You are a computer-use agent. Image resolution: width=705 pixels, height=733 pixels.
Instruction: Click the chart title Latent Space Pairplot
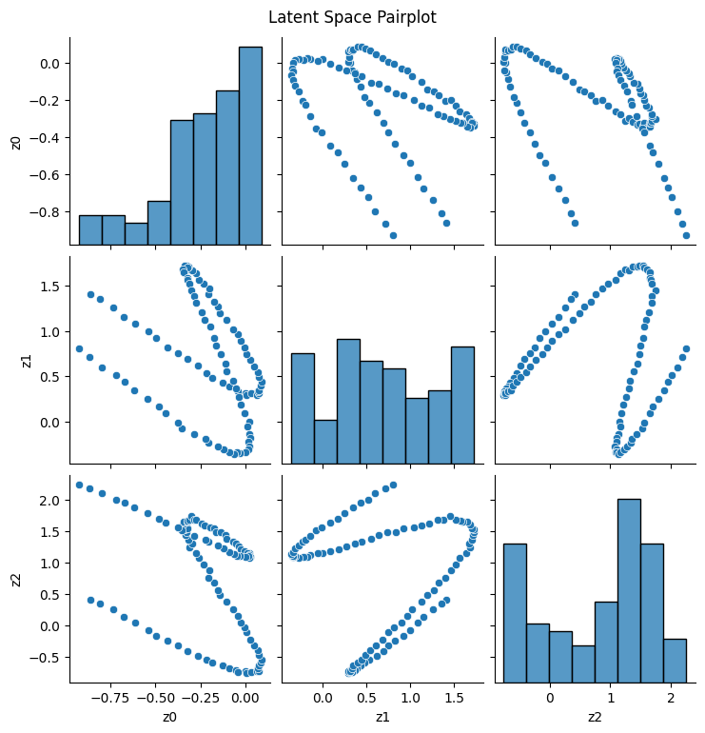click(x=352, y=17)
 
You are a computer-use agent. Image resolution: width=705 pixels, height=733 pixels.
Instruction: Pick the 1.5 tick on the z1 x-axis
click(x=453, y=697)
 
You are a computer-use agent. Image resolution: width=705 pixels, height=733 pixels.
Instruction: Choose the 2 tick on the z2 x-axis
click(x=670, y=697)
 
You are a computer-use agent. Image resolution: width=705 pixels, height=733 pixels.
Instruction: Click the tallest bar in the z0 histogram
click(x=250, y=143)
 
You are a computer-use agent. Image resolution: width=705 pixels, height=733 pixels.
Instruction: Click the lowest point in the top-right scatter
click(x=686, y=235)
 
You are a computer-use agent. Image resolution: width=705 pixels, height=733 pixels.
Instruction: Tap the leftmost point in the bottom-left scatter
click(x=79, y=485)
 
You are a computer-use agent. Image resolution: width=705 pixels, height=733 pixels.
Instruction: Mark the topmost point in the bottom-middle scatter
click(x=393, y=485)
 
